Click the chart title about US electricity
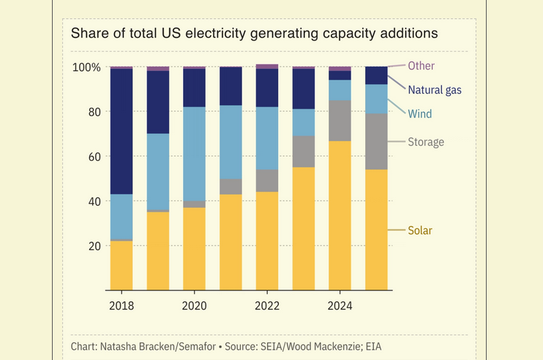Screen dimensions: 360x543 point(254,33)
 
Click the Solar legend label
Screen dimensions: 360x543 point(420,230)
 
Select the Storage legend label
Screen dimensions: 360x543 point(426,142)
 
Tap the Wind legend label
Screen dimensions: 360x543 point(420,114)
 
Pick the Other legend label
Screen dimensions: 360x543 point(421,66)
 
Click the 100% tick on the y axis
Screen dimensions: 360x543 point(86,67)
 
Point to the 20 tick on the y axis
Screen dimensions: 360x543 point(94,246)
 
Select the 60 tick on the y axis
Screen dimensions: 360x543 point(94,157)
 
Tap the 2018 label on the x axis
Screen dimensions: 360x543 point(121,306)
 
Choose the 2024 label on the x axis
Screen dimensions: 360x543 point(340,306)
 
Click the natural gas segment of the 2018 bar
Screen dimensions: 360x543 point(121,131)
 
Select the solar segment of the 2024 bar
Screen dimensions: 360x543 point(340,215)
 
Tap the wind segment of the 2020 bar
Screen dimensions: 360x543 point(194,154)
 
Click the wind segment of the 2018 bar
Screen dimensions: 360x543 point(121,217)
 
